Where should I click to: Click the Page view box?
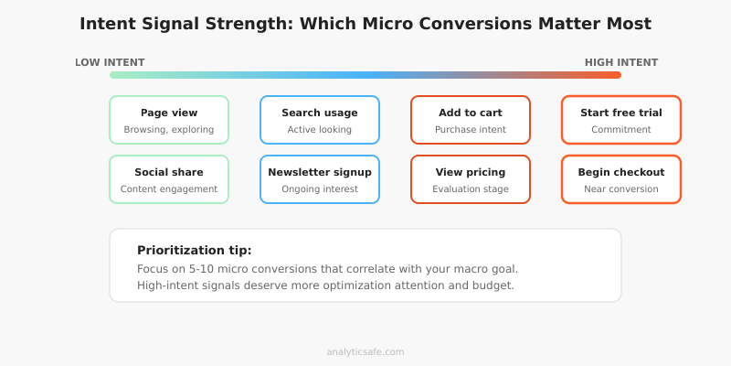click(x=169, y=120)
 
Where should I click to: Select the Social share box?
click(x=169, y=179)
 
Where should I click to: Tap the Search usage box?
click(x=320, y=120)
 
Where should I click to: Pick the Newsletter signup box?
click(x=320, y=179)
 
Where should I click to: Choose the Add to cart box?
click(x=471, y=120)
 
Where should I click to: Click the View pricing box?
click(x=471, y=179)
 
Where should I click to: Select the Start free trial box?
click(x=621, y=120)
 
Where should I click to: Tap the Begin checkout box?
click(x=621, y=179)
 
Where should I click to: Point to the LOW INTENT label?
click(x=110, y=62)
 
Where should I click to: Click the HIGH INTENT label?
click(x=621, y=62)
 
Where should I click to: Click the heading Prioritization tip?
click(x=195, y=251)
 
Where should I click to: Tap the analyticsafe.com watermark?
click(x=365, y=351)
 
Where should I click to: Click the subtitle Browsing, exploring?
click(x=169, y=130)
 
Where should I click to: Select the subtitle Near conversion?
click(x=621, y=189)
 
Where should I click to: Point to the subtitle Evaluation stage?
click(x=471, y=189)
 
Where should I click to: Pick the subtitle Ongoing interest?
click(x=320, y=189)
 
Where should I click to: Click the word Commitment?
click(x=621, y=130)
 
